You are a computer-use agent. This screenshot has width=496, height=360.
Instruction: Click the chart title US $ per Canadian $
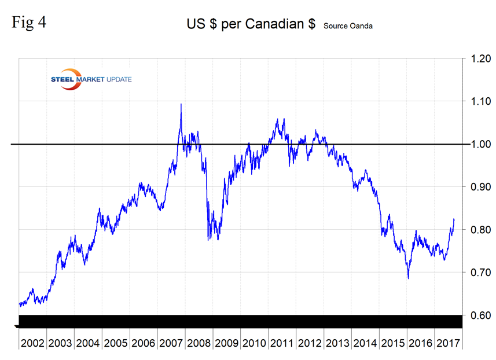(x=252, y=24)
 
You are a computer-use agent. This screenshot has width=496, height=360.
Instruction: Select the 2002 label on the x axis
(x=32, y=343)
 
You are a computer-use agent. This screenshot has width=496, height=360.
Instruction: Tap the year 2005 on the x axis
(x=116, y=343)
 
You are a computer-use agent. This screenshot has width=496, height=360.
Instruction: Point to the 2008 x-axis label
(x=200, y=343)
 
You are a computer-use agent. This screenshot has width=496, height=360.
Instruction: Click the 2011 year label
(x=283, y=343)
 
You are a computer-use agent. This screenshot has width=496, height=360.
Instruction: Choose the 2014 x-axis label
(x=366, y=343)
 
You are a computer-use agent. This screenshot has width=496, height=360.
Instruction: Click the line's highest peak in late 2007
(x=181, y=105)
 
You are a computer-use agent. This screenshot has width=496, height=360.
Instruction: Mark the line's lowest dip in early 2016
(x=408, y=278)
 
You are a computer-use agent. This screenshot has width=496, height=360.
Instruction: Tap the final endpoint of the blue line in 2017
(x=454, y=219)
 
